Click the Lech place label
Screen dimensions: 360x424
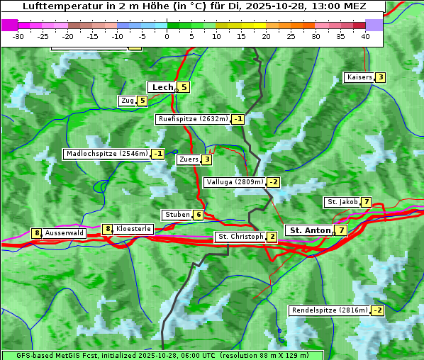pyautogui.click(x=162, y=87)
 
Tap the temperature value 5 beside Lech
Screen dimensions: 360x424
pyautogui.click(x=184, y=87)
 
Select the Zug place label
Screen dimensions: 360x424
pyautogui.click(x=128, y=101)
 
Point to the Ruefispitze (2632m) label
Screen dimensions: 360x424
pyautogui.click(x=193, y=119)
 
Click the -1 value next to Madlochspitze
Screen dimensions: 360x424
pyautogui.click(x=158, y=154)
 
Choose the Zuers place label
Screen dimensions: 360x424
pyautogui.click(x=189, y=159)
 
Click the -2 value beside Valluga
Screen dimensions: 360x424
pyautogui.click(x=273, y=182)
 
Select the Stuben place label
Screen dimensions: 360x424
pyautogui.click(x=177, y=215)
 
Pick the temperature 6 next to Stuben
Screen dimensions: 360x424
pyautogui.click(x=199, y=215)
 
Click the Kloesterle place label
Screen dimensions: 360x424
pyautogui.click(x=133, y=229)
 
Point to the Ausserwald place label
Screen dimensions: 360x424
pyautogui.click(x=65, y=232)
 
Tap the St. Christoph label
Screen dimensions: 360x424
pyautogui.click(x=240, y=236)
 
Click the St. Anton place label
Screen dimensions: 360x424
pyautogui.click(x=310, y=230)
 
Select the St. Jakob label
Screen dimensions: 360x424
pyautogui.click(x=342, y=202)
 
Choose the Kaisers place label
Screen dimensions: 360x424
pyautogui.click(x=359, y=77)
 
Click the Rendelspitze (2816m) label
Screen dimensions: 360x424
pyautogui.click(x=330, y=310)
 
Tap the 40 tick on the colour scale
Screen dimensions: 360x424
pyautogui.click(x=365, y=35)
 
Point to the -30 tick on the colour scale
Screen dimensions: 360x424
pyautogui.click(x=18, y=35)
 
